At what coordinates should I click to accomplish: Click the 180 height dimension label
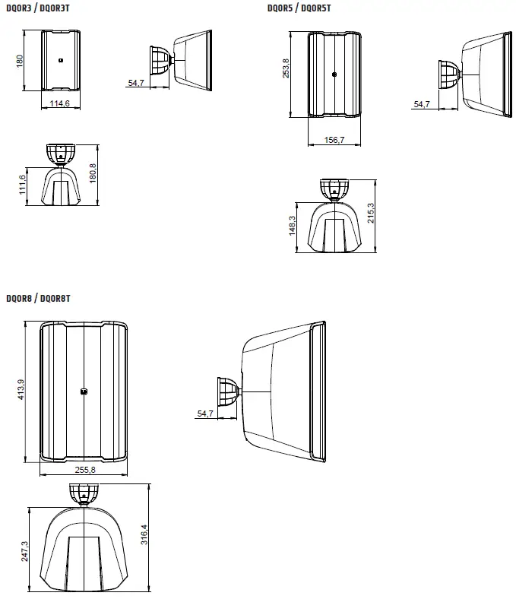point(21,61)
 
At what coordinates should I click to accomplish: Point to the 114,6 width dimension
point(60,103)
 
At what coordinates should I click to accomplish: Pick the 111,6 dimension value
point(23,185)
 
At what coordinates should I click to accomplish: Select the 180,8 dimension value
point(93,174)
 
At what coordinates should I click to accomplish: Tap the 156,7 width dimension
point(334,140)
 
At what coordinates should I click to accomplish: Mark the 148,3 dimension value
point(293,227)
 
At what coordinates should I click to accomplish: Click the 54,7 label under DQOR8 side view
point(205,414)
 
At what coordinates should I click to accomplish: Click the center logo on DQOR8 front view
point(84,392)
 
